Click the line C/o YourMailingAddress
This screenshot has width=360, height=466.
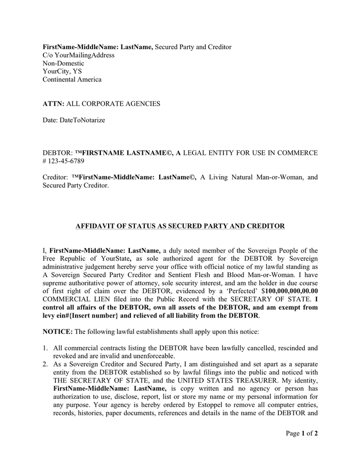pyautogui.click(x=79, y=55)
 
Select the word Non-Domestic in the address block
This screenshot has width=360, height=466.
pyautogui.click(x=63, y=63)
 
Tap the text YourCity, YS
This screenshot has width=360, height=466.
pyautogui.click(x=62, y=71)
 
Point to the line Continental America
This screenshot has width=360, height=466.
pyautogui.click(x=72, y=80)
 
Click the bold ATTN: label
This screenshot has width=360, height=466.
pyautogui.click(x=53, y=104)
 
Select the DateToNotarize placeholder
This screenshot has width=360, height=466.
pyautogui.click(x=82, y=120)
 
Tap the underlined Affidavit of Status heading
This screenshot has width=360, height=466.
pyautogui.click(x=180, y=226)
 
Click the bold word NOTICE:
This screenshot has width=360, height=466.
pyautogui.click(x=58, y=331)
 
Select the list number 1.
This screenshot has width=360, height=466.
pyautogui.click(x=46, y=348)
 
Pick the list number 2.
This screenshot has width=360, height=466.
pyautogui.click(x=46, y=364)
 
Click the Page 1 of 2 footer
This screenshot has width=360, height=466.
pyautogui.click(x=302, y=433)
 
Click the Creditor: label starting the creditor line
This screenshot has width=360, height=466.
pyautogui.click(x=55, y=177)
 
